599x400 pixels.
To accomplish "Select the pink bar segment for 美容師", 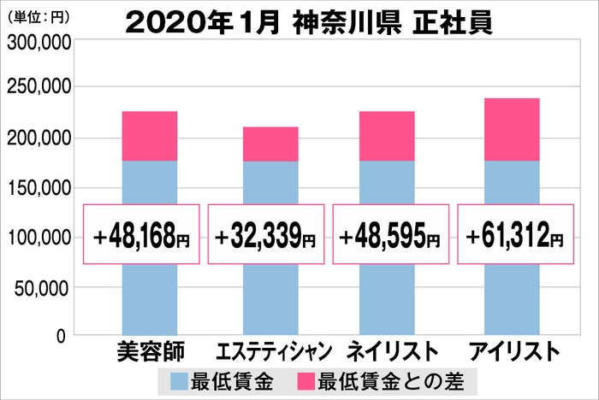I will pos(150,136).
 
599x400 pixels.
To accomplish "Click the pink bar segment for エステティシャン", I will pos(270,144).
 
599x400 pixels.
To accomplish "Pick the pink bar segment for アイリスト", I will pos(512,129).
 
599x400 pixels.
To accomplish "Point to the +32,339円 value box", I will pos(267,233).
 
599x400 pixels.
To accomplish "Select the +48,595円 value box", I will pos(390,233).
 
